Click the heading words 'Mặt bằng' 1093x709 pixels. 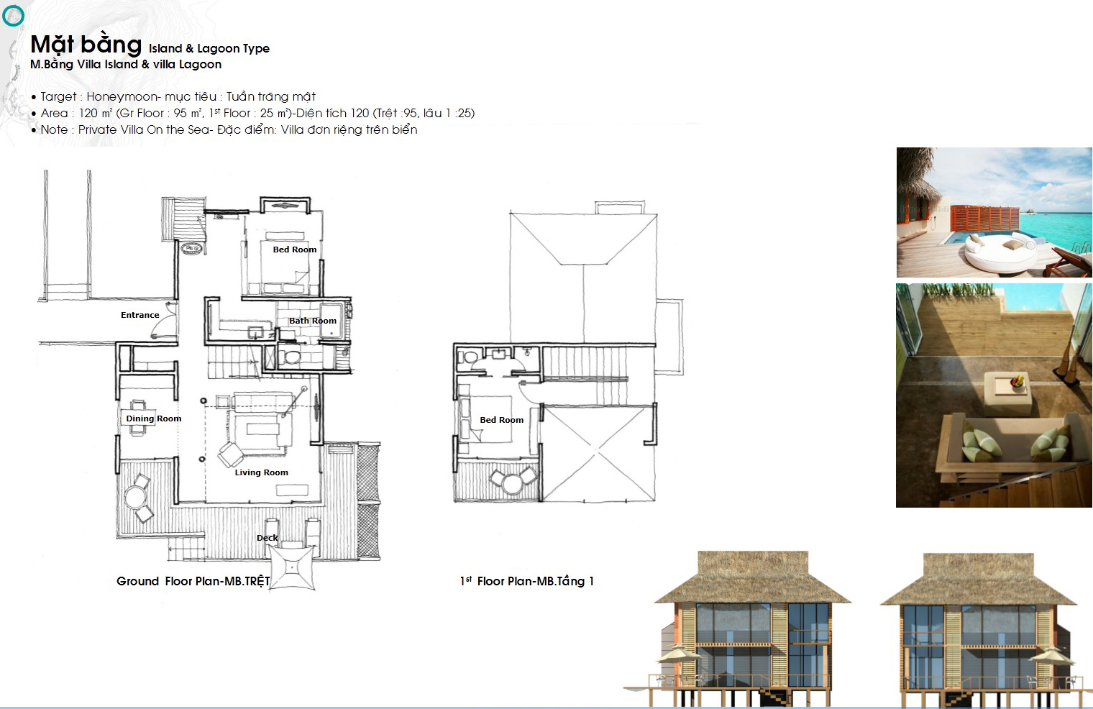[86, 45]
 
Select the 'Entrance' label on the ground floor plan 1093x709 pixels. [140, 315]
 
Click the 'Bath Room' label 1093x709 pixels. [313, 321]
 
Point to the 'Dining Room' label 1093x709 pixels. [154, 418]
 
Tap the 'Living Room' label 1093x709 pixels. [262, 472]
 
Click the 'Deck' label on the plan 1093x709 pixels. [267, 538]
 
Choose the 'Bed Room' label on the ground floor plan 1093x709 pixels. [295, 250]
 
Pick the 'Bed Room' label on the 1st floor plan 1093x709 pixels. [502, 420]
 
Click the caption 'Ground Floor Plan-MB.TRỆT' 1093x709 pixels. [193, 581]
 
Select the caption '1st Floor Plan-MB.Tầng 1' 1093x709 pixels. [526, 581]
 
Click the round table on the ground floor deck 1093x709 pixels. [134, 498]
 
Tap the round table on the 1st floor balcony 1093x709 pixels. [512, 483]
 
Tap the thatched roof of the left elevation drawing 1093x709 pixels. [753, 577]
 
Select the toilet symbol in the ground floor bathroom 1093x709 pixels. [291, 356]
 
